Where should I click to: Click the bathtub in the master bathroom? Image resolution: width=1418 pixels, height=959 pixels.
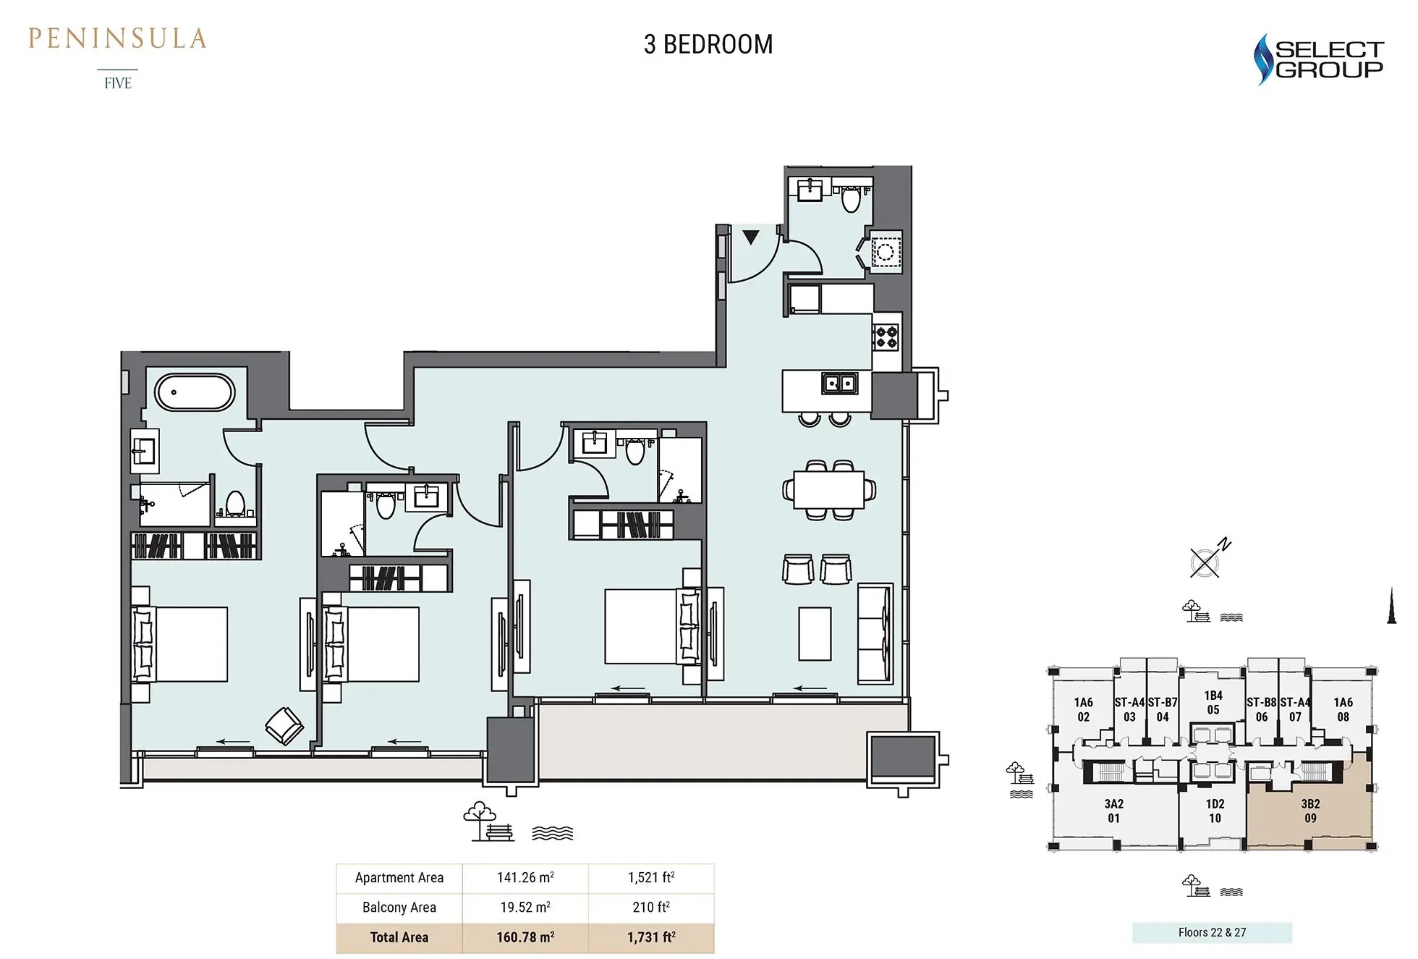tap(194, 392)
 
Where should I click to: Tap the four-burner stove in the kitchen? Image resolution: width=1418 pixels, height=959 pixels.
tap(886, 337)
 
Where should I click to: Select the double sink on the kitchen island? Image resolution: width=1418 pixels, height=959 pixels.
tap(839, 383)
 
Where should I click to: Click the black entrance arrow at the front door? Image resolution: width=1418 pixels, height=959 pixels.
tap(751, 237)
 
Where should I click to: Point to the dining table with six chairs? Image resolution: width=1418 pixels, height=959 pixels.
tap(828, 490)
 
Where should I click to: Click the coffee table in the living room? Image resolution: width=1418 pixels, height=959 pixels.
tap(815, 633)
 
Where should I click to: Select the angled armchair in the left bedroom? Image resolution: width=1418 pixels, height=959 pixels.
tap(284, 725)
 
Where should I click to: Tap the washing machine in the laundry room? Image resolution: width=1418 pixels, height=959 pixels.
tap(886, 252)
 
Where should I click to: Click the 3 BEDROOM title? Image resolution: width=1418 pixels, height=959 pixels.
tap(708, 45)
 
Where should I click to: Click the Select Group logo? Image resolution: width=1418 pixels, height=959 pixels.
tap(1318, 59)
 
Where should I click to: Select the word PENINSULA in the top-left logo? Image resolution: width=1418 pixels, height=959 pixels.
tap(117, 38)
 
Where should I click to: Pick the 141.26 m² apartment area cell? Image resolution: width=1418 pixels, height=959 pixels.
tap(525, 877)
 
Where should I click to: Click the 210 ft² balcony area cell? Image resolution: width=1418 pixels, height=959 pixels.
tap(650, 907)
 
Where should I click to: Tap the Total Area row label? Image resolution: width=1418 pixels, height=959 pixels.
tap(399, 937)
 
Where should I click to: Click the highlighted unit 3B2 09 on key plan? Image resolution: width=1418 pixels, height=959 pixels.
tap(1309, 811)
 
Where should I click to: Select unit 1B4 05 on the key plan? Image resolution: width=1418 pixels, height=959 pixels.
tap(1213, 702)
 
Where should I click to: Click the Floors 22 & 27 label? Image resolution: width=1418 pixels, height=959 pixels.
tap(1212, 932)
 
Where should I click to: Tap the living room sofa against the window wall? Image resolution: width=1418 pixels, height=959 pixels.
tap(875, 633)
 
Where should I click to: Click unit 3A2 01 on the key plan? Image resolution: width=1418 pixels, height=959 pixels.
tap(1113, 811)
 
